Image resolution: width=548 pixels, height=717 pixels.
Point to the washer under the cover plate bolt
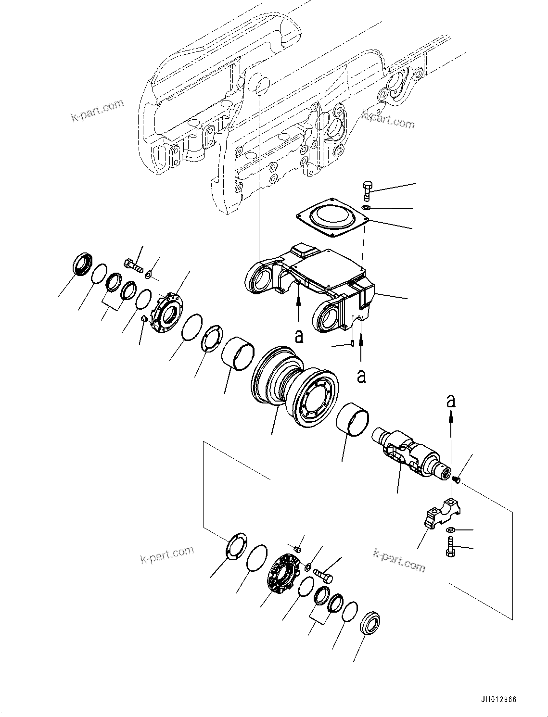point(365,207)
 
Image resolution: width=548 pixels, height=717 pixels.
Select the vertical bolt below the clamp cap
point(449,547)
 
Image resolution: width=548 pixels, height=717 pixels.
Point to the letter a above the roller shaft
point(450,401)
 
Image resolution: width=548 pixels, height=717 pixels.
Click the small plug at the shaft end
point(457,479)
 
